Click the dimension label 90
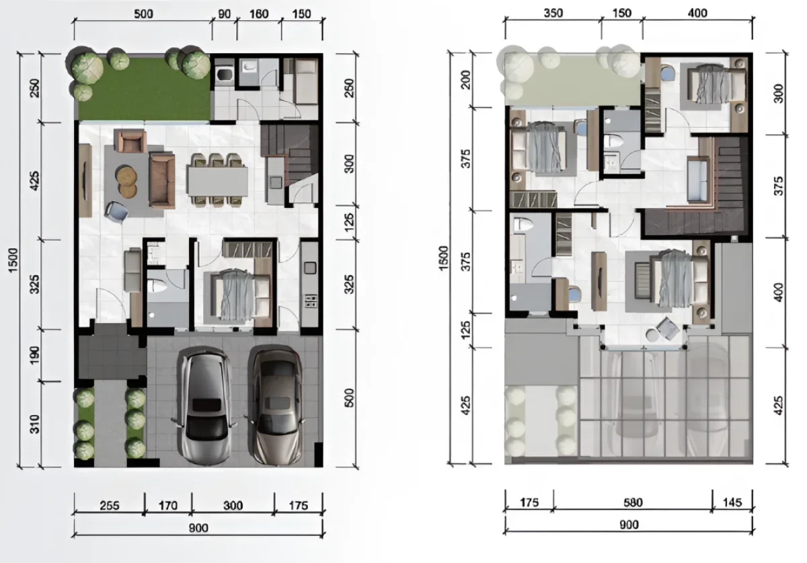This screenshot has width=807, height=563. (x=225, y=13)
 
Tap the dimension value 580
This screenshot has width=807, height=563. (x=633, y=501)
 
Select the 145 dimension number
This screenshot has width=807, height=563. (x=733, y=501)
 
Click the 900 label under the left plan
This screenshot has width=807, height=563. (x=198, y=528)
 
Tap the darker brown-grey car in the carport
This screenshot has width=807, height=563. (x=276, y=407)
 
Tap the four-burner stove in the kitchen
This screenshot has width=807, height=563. (x=311, y=300)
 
